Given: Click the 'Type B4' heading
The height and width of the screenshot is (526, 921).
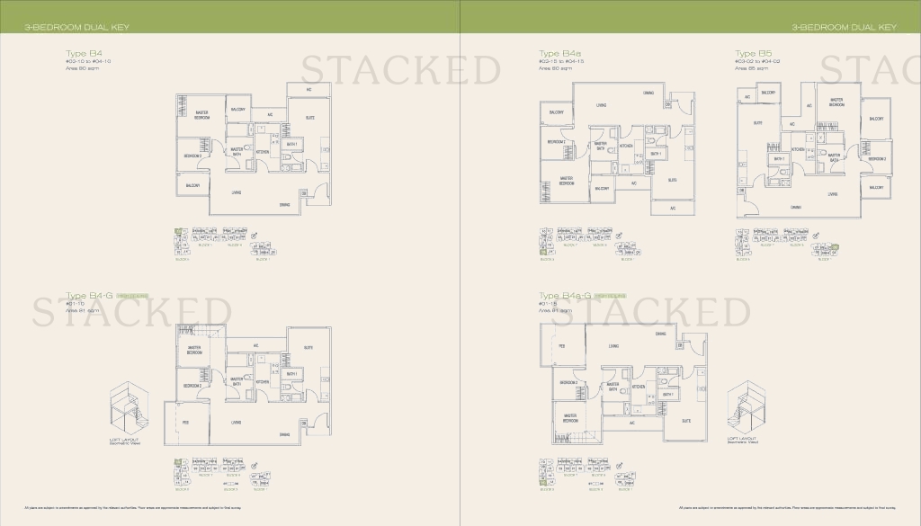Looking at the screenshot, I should (76, 54).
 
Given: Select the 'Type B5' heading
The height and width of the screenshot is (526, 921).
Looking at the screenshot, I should (746, 54).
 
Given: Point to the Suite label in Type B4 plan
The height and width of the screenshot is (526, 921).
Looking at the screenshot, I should (309, 118).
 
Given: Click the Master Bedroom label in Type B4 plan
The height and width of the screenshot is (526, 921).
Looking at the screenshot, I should (202, 115).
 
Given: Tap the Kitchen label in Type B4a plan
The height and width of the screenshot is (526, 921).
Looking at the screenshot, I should (626, 145).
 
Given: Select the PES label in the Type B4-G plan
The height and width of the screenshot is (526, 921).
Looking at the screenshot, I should (186, 422).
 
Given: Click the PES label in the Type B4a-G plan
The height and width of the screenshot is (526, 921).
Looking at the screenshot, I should (561, 345).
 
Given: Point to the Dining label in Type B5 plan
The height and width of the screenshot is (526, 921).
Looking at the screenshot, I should (796, 208).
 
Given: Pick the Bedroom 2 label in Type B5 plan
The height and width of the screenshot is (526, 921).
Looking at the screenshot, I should (878, 158).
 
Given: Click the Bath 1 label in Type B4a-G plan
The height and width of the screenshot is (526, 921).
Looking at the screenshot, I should (668, 394).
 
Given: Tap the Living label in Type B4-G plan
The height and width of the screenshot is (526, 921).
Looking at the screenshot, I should (236, 422).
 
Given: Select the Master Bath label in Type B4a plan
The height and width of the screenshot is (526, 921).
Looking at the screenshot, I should (600, 146).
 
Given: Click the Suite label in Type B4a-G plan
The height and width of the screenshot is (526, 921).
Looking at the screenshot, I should (686, 420).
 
